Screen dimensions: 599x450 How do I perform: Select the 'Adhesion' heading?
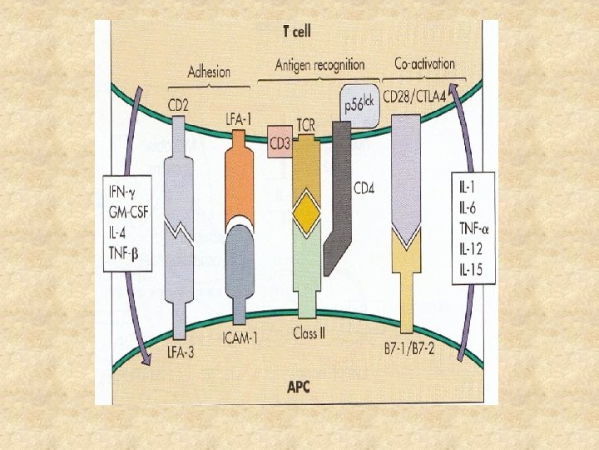point(210,72)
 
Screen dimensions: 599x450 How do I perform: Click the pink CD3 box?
point(279,145)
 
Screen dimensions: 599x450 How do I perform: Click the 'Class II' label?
point(309,333)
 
